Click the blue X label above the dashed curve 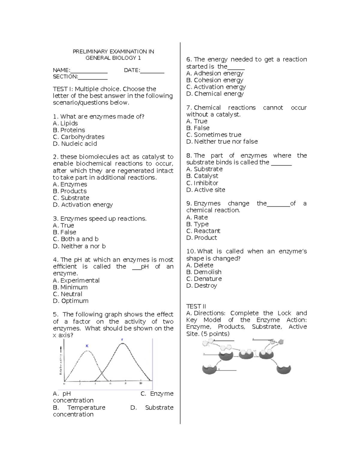(87, 346)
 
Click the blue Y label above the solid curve (122, 340)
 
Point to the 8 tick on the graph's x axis (125, 383)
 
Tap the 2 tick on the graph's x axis (80, 383)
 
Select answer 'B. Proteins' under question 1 (69, 130)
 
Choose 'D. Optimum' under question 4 (70, 301)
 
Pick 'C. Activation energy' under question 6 (216, 87)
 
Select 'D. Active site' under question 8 (205, 190)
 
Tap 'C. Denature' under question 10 (204, 279)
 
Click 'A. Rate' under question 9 (197, 217)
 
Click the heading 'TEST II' (196, 306)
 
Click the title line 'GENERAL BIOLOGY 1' (113, 58)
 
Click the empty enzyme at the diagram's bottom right (283, 369)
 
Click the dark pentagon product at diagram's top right (281, 341)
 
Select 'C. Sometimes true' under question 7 (214, 135)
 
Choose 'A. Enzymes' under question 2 (70, 184)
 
